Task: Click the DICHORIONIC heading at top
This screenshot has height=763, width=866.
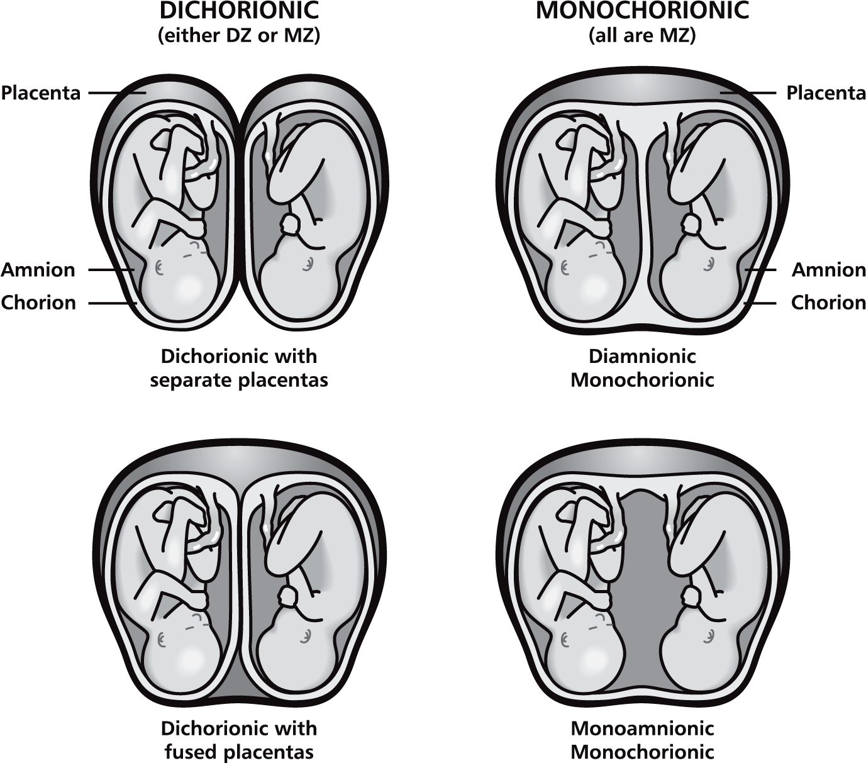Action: click(238, 11)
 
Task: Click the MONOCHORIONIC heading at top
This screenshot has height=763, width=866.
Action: click(642, 11)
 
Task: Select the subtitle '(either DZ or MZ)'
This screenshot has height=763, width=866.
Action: click(238, 36)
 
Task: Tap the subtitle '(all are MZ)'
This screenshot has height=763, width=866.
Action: click(642, 36)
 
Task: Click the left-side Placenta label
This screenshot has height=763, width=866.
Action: click(41, 93)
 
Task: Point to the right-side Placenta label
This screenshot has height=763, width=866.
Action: click(826, 93)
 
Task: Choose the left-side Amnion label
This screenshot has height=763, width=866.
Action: click(38, 270)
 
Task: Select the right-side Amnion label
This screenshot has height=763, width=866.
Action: click(828, 270)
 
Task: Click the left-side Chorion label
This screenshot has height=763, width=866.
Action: click(38, 303)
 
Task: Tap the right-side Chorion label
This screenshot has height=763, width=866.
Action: click(828, 303)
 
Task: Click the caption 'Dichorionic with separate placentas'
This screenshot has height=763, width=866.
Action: click(239, 368)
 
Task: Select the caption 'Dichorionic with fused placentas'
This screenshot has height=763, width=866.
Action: click(239, 740)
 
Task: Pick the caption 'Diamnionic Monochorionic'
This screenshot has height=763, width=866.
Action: click(642, 368)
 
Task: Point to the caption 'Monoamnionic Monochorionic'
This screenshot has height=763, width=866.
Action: click(642, 740)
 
